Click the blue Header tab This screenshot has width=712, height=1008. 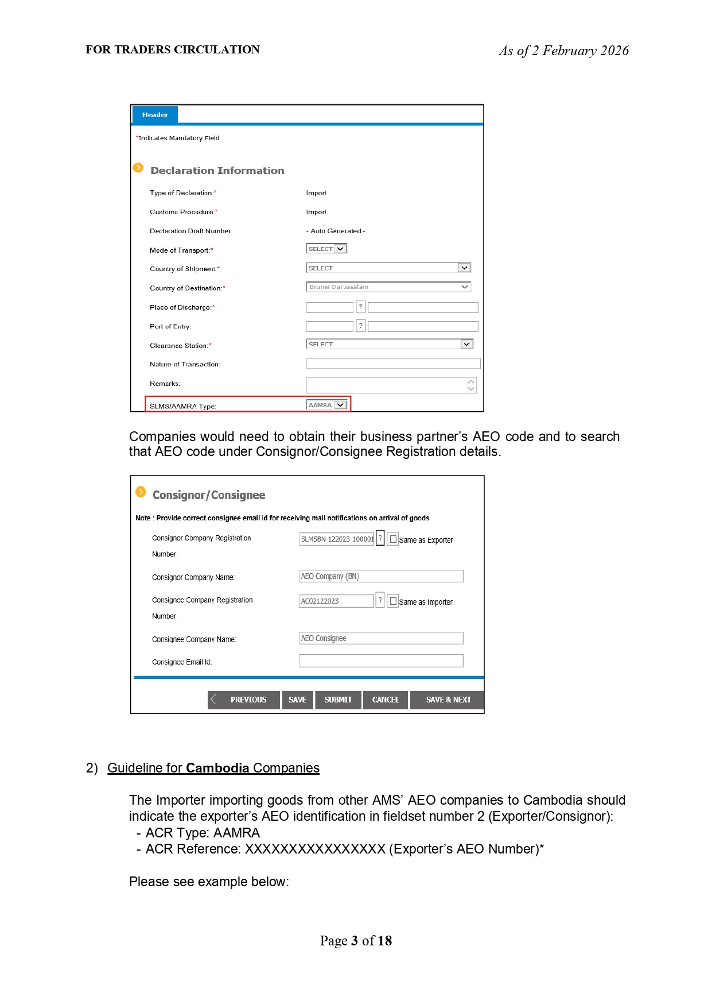(x=155, y=115)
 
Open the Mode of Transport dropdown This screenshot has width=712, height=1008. (x=326, y=249)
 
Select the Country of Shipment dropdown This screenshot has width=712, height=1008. (x=388, y=268)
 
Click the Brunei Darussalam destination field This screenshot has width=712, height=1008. (x=388, y=287)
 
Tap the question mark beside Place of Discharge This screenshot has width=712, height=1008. (x=360, y=307)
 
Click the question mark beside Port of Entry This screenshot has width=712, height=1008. (x=360, y=326)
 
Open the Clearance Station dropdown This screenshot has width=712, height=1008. (x=390, y=344)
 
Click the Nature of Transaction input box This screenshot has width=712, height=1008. (x=393, y=364)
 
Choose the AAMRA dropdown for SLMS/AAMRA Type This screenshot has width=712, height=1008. (x=326, y=405)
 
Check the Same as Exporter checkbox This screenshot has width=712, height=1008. (x=393, y=539)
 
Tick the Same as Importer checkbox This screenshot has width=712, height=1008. (x=393, y=601)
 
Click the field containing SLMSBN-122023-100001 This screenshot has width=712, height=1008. (x=337, y=539)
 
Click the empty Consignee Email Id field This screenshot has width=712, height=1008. (x=381, y=661)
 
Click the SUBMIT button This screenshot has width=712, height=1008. (x=339, y=700)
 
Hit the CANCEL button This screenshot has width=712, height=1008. (x=386, y=700)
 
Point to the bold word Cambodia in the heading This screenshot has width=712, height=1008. (x=217, y=768)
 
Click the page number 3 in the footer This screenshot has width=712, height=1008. (x=355, y=941)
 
